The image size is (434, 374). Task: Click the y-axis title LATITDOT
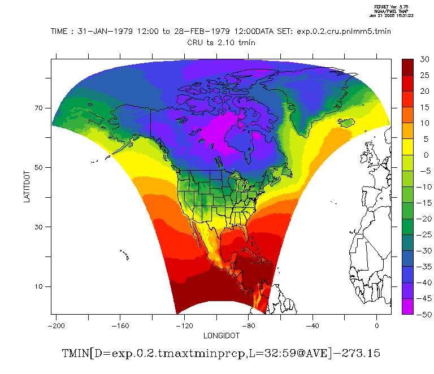click(x=27, y=186)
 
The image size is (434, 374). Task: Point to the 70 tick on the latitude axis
click(x=41, y=107)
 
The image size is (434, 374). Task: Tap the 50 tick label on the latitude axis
click(x=41, y=167)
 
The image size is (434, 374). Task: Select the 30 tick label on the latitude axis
click(x=41, y=227)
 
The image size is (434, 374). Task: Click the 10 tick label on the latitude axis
click(x=41, y=286)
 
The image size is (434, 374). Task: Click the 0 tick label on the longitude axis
click(x=377, y=325)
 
